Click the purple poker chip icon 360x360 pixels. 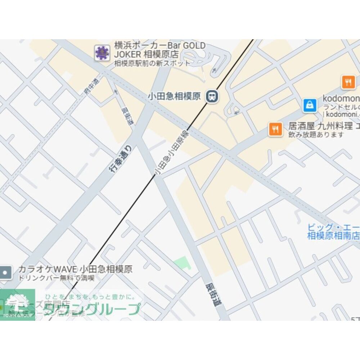(102, 53)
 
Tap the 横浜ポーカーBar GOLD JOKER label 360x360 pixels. (159, 50)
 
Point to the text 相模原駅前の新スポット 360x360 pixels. (152, 63)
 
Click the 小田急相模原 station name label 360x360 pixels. (174, 96)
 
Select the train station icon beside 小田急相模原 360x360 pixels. (212, 96)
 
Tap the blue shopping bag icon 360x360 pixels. (310, 105)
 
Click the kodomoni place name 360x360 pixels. (341, 98)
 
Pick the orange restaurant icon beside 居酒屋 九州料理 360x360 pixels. (275, 129)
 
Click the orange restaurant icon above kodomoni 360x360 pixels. (348, 82)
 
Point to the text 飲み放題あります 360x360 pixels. (316, 135)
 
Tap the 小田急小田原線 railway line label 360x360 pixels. (171, 153)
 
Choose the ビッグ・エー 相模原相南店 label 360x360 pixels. (333, 231)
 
